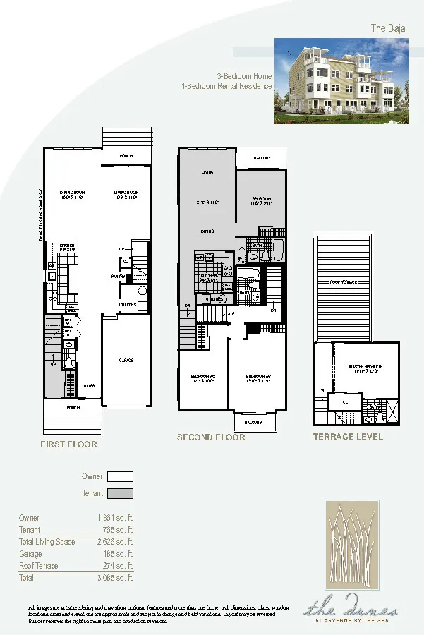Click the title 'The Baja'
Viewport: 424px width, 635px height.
tap(387, 28)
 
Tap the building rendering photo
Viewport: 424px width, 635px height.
tap(341, 80)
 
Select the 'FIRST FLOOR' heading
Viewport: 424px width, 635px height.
tap(68, 445)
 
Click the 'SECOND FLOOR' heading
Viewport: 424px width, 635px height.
tap(211, 437)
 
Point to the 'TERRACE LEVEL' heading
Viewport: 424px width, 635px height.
tap(348, 437)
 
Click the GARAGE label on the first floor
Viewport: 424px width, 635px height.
tap(126, 361)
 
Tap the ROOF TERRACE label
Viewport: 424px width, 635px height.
tap(344, 282)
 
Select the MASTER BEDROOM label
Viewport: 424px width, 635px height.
tap(365, 367)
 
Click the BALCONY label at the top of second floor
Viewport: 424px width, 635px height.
tap(262, 158)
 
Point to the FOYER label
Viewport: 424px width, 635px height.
tap(90, 386)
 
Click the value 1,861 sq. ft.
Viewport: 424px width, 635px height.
tap(115, 519)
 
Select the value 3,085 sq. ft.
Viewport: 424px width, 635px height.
tap(115, 578)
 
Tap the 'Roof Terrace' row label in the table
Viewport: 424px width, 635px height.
tap(39, 566)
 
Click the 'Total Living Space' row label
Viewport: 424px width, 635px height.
tap(47, 542)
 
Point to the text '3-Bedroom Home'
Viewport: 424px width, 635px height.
tap(244, 75)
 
